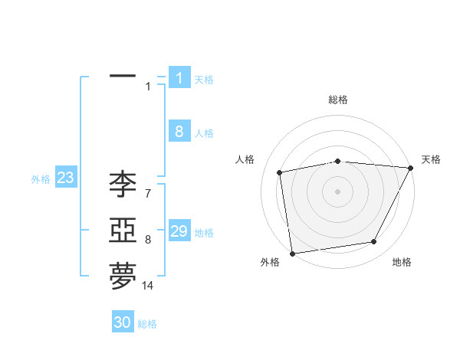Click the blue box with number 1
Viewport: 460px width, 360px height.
(x=179, y=77)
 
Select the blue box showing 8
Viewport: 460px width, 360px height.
(x=179, y=132)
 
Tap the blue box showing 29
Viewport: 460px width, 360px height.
(x=179, y=231)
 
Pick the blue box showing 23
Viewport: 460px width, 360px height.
(x=65, y=178)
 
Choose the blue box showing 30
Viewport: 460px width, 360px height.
(x=123, y=322)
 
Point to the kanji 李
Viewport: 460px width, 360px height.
(x=123, y=184)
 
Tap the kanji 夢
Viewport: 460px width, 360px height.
(x=123, y=277)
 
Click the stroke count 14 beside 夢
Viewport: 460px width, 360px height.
(x=148, y=286)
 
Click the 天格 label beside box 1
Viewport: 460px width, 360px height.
(x=204, y=79)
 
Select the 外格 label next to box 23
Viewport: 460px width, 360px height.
(x=41, y=179)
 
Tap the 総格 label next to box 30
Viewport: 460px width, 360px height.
(x=147, y=324)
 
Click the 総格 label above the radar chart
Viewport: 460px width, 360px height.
(x=338, y=100)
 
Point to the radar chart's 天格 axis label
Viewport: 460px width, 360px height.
(x=431, y=159)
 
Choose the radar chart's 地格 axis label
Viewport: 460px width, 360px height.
(x=402, y=262)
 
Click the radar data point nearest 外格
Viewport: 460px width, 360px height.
(x=292, y=253)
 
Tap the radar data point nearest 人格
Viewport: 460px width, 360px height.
(x=280, y=172)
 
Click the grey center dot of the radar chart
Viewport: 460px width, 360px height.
(x=338, y=191)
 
